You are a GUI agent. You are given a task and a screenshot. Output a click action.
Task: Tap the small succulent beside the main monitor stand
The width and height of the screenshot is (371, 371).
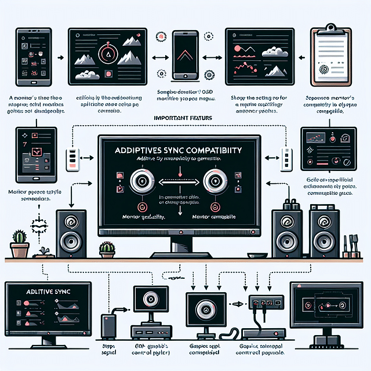point(106,249)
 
